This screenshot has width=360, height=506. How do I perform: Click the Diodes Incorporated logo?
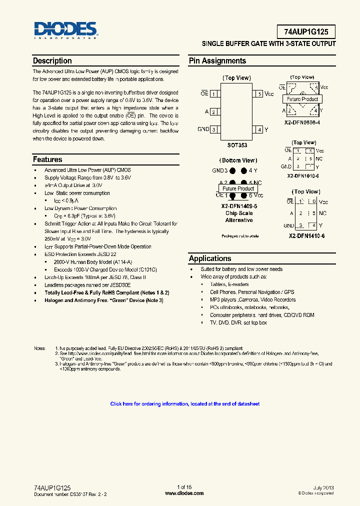pyautogui.click(x=65, y=30)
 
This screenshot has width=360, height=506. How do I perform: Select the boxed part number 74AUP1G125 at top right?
pyautogui.click(x=306, y=32)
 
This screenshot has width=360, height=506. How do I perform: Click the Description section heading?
pyautogui.click(x=52, y=61)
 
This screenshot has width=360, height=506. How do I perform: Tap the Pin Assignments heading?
pyautogui.click(x=217, y=61)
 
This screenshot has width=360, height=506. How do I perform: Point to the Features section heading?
pyautogui.click(x=47, y=159)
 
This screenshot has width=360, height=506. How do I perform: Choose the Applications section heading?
pyautogui.click(x=210, y=258)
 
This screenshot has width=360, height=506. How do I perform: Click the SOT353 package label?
pyautogui.click(x=237, y=145)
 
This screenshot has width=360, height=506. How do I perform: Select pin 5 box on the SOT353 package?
pyautogui.click(x=258, y=94)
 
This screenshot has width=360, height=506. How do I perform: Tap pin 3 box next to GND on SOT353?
pyautogui.click(x=214, y=129)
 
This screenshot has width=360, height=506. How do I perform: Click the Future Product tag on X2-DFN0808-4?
pyautogui.click(x=302, y=99)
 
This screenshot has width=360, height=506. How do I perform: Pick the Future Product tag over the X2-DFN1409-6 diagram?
pyautogui.click(x=238, y=188)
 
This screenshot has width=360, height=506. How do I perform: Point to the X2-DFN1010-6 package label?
pyautogui.click(x=302, y=176)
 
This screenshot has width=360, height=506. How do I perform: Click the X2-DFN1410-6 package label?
pyautogui.click(x=306, y=235)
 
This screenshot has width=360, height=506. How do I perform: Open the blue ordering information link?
pyautogui.click(x=184, y=404)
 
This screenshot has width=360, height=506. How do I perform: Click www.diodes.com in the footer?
pyautogui.click(x=184, y=493)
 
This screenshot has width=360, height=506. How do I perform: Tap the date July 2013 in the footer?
pyautogui.click(x=323, y=487)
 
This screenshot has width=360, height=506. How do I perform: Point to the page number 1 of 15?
pyautogui.click(x=184, y=487)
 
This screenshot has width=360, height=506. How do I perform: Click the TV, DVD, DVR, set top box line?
pyautogui.click(x=238, y=323)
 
